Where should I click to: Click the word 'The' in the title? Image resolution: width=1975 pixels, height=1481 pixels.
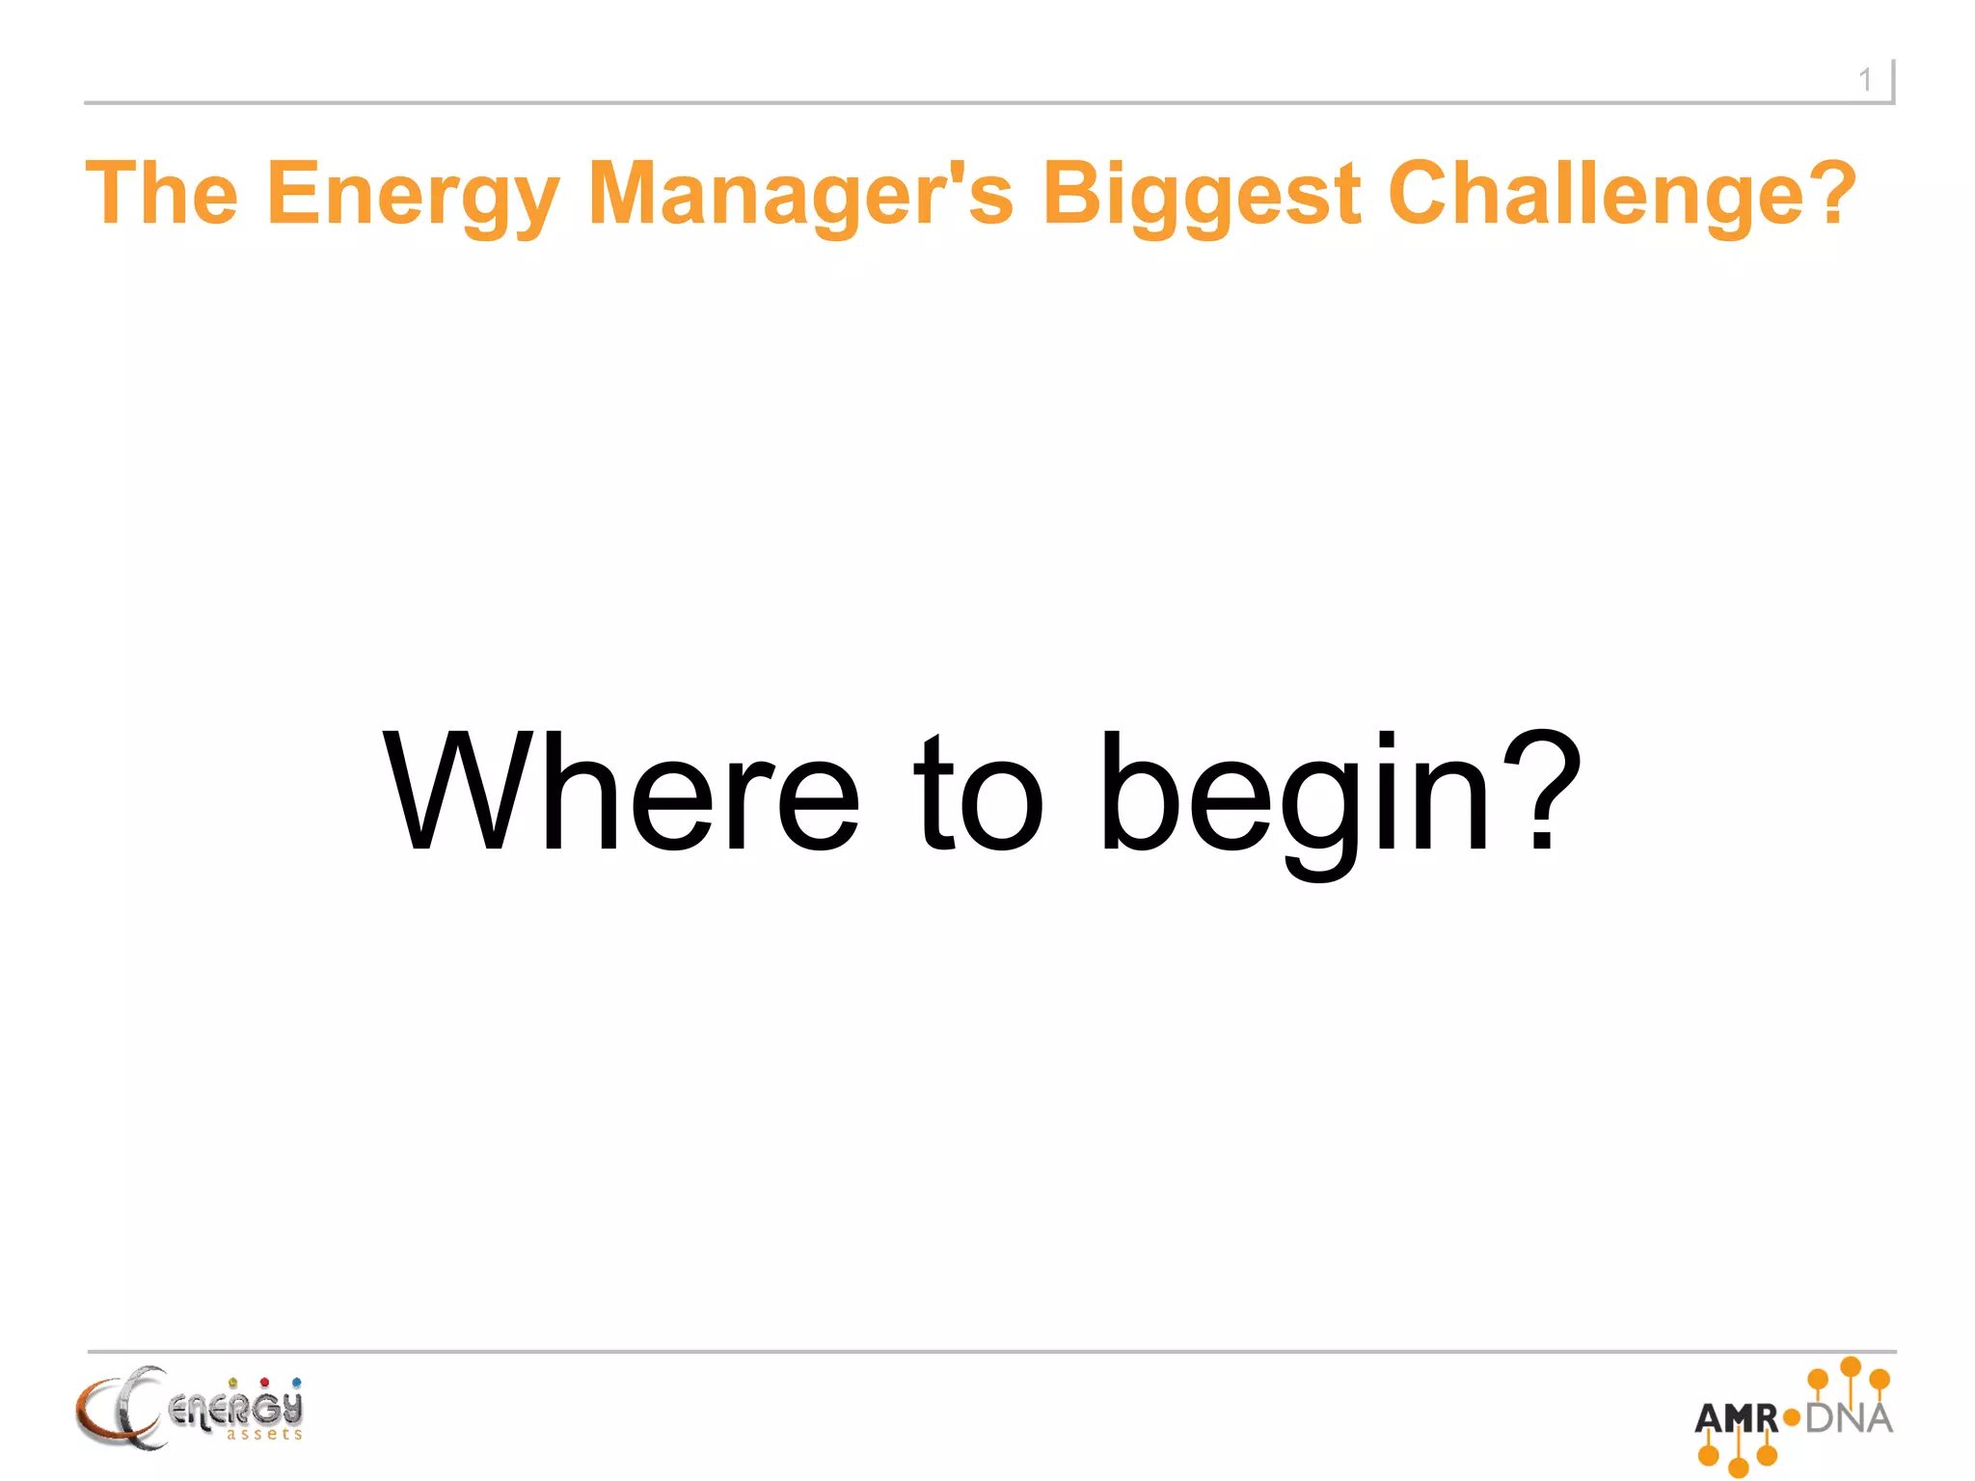[x=161, y=194]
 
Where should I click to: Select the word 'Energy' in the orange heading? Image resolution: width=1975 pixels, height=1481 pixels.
[x=413, y=196]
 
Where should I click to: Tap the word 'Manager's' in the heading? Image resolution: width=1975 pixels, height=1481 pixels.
[x=800, y=196]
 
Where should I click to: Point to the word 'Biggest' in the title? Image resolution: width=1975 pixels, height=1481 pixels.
[x=1202, y=196]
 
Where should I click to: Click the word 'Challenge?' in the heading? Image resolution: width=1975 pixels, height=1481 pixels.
[x=1621, y=194]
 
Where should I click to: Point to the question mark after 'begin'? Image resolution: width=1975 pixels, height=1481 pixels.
[x=1543, y=792]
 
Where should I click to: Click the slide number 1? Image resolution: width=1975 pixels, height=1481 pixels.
[x=1865, y=80]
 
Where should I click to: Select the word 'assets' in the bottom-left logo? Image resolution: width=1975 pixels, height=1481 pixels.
[x=264, y=1435]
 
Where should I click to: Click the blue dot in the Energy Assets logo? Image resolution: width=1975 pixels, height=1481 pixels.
[x=296, y=1383]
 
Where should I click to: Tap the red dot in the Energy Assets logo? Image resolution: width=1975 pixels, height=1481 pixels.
[x=264, y=1383]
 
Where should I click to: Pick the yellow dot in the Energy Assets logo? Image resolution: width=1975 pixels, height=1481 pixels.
[x=232, y=1383]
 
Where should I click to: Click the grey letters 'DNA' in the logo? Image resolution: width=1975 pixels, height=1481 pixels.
[x=1849, y=1418]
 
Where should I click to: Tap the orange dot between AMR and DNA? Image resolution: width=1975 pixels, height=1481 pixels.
[x=1792, y=1418]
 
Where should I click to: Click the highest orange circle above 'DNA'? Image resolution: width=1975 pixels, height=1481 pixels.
[x=1850, y=1366]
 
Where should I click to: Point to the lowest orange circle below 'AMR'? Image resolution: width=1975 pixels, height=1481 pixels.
[x=1738, y=1468]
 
